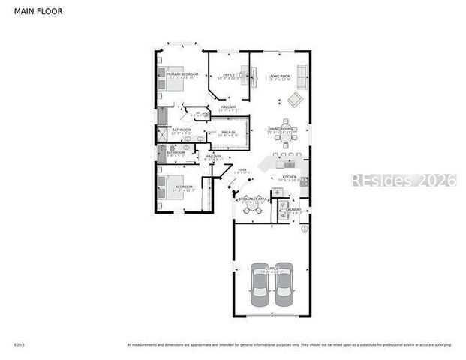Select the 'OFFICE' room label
click(229, 75)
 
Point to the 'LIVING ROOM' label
click(280, 76)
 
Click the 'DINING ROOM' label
click(281, 129)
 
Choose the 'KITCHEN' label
click(289, 177)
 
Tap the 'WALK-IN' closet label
click(227, 132)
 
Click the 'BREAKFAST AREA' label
click(253, 199)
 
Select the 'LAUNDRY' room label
click(293, 209)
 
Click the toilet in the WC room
click(205, 115)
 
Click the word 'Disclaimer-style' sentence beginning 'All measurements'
click(289, 345)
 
